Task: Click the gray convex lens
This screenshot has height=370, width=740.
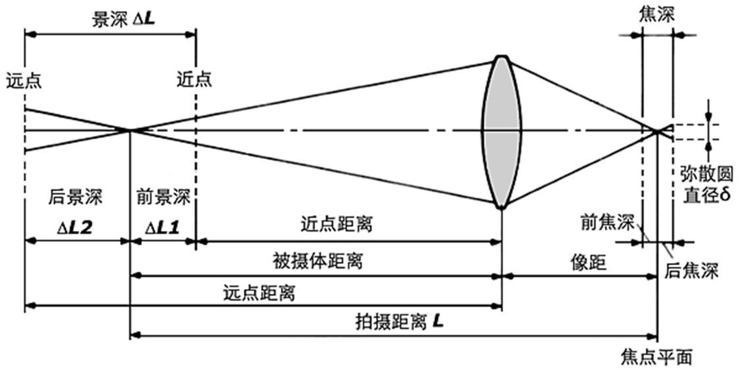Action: click(502, 130)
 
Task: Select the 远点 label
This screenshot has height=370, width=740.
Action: click(23, 79)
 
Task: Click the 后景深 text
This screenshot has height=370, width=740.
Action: click(75, 199)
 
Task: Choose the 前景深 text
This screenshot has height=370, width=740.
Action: click(162, 199)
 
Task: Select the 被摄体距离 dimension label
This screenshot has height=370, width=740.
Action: click(317, 260)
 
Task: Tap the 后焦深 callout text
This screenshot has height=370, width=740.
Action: click(691, 271)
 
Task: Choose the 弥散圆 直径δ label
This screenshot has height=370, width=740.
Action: click(706, 185)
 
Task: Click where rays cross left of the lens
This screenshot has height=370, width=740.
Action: click(129, 129)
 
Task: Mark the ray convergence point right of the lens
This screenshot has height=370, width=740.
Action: click(657, 130)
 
